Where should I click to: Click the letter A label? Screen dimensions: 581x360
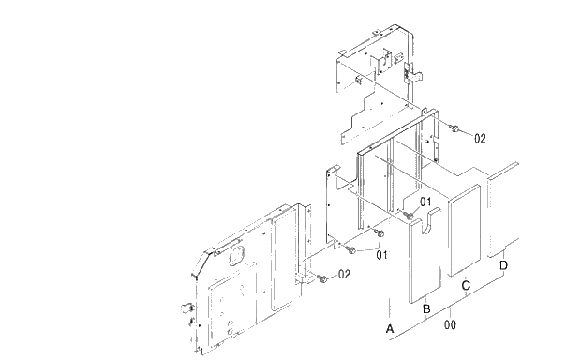click(x=390, y=328)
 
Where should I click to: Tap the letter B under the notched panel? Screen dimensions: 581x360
click(x=426, y=308)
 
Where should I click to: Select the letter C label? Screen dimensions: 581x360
click(x=466, y=284)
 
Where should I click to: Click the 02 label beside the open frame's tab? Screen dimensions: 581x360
click(x=479, y=138)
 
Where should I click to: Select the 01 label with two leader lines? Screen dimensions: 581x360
click(x=381, y=253)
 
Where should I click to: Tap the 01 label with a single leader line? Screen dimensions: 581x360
click(x=425, y=201)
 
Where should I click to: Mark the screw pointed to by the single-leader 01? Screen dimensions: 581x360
click(x=409, y=215)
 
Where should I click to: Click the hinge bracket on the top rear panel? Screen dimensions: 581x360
click(x=410, y=70)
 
